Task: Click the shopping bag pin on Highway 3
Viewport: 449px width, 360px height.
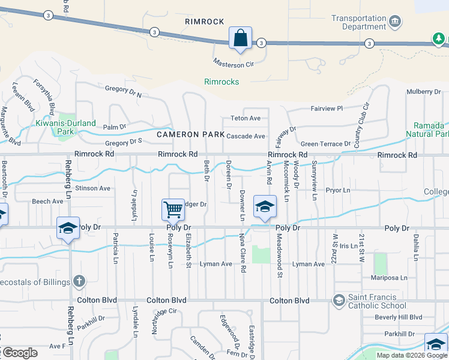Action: (x=240, y=38)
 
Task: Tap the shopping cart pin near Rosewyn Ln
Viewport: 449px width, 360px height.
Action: (x=173, y=210)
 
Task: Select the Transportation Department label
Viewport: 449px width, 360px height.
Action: (x=358, y=22)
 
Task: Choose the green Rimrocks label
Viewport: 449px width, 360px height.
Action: (x=221, y=82)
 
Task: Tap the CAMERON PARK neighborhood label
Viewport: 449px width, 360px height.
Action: (x=190, y=136)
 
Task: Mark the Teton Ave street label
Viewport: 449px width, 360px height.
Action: (x=246, y=118)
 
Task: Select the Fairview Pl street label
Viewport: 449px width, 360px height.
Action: (x=326, y=109)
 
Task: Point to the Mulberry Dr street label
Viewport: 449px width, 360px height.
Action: (x=423, y=91)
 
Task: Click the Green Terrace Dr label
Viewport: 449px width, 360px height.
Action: (x=325, y=144)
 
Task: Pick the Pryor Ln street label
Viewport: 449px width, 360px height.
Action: (x=337, y=190)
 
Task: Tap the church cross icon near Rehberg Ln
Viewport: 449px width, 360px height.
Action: (x=79, y=281)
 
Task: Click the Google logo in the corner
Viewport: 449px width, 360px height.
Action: (x=20, y=353)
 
